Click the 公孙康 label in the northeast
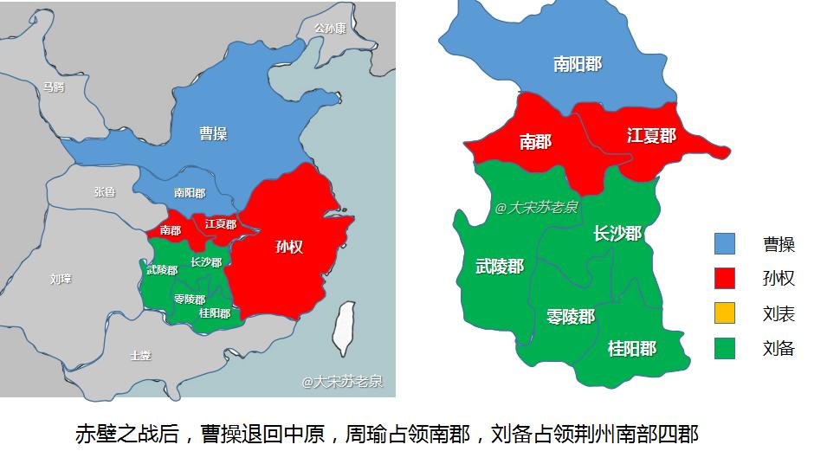[x=329, y=29]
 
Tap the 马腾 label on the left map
[x=54, y=87]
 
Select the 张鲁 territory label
[x=104, y=192]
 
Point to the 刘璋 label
[x=61, y=279]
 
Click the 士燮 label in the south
[x=139, y=355]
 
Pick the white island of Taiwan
[x=344, y=328]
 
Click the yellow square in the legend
[x=725, y=313]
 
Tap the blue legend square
[x=725, y=244]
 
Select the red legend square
[x=725, y=278]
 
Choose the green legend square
[x=725, y=348]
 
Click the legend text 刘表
[x=778, y=313]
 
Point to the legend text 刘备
[x=778, y=349]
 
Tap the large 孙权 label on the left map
[x=289, y=247]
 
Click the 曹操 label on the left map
[x=213, y=133]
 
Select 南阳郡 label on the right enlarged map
[x=578, y=64]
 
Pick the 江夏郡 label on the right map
[x=651, y=136]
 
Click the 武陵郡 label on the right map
[x=500, y=267]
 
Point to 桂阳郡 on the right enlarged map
[x=631, y=348]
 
